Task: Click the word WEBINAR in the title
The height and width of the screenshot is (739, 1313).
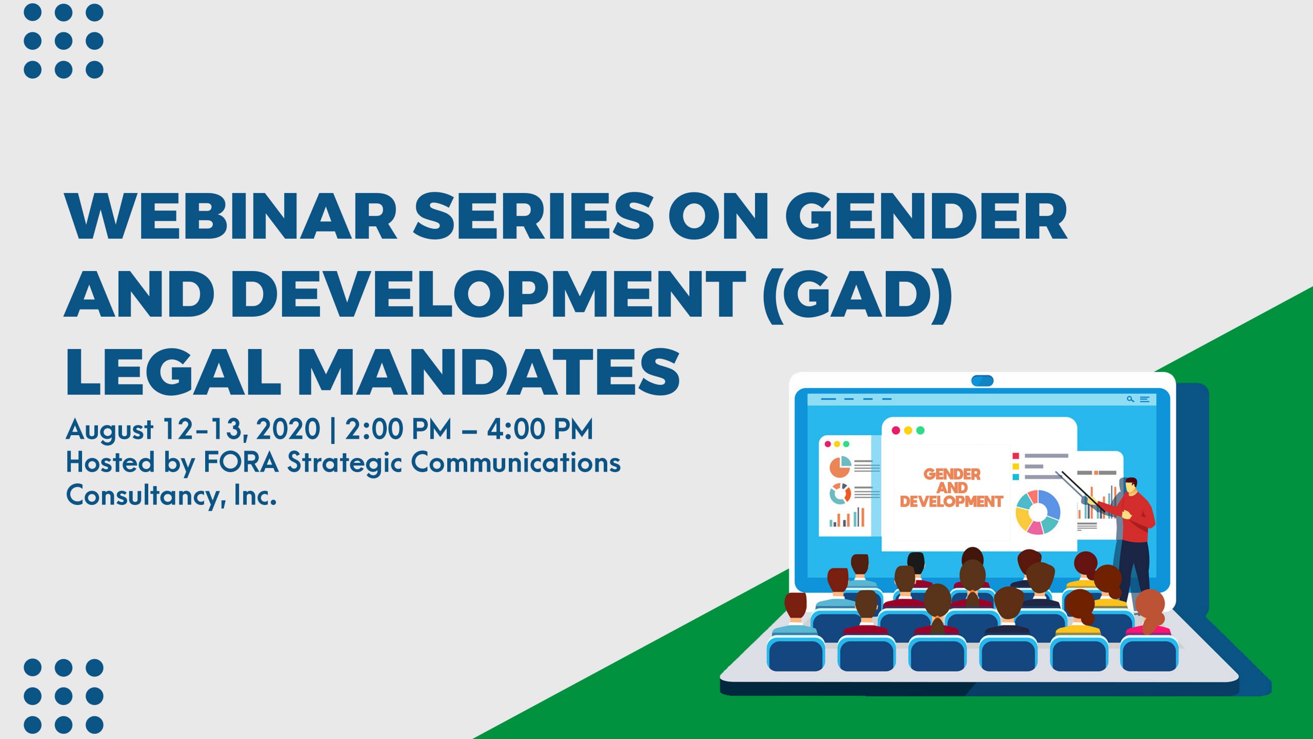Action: point(231,216)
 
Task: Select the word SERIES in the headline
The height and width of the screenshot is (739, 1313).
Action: point(533,216)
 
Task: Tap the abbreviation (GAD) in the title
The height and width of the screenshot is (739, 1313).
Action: point(857,295)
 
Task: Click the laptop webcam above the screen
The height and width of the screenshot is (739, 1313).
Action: point(982,381)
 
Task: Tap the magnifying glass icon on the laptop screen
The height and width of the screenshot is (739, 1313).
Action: point(1130,399)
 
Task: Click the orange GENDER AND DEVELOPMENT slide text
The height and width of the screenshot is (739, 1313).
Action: point(951,488)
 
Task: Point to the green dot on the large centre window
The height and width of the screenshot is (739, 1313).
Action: point(920,431)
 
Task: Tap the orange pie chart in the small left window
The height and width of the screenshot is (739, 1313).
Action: point(840,466)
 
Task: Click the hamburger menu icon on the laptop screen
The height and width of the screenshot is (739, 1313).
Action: point(1144,399)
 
